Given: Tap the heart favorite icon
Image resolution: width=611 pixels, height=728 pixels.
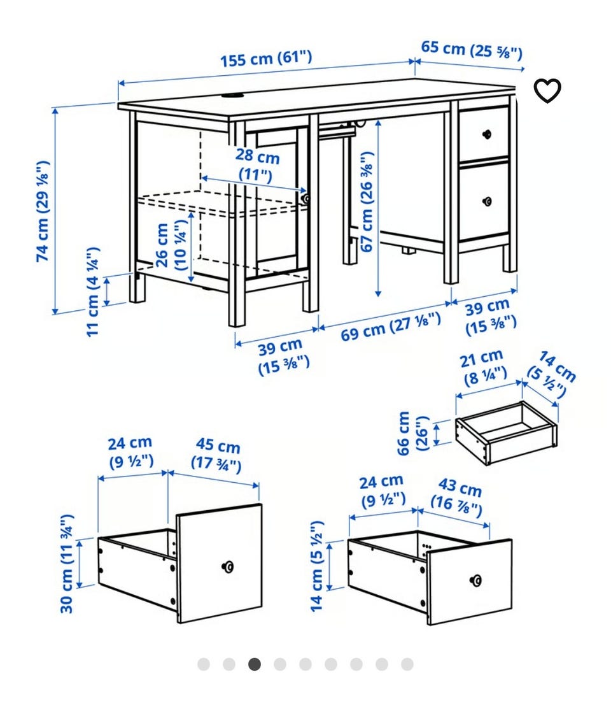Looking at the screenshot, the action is click(x=547, y=90).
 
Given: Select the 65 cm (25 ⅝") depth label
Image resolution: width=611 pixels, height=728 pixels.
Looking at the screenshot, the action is click(x=472, y=50).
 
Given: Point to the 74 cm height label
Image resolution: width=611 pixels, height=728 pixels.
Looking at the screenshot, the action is click(x=43, y=211).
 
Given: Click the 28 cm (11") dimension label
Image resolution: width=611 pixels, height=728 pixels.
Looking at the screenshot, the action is click(x=258, y=165).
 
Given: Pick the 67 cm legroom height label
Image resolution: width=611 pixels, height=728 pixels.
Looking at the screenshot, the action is click(x=367, y=202).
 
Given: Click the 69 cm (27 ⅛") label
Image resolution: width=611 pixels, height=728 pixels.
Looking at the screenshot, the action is click(x=390, y=327).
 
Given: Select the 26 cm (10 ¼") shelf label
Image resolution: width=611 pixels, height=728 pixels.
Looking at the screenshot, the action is click(x=171, y=245).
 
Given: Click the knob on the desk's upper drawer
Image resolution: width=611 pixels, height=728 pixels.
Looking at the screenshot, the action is click(x=487, y=134).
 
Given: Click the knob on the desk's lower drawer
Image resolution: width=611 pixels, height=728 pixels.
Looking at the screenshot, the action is click(x=487, y=201).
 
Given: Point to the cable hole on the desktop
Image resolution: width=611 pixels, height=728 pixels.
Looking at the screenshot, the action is click(x=234, y=96).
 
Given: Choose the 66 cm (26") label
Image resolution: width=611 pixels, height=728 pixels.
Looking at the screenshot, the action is click(x=412, y=432).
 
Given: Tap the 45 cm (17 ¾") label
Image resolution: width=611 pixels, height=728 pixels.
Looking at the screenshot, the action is click(x=217, y=455).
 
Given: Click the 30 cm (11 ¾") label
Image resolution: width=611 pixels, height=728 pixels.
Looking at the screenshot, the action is click(x=67, y=563).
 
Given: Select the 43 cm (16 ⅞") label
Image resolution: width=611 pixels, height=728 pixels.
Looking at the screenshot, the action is click(x=458, y=496).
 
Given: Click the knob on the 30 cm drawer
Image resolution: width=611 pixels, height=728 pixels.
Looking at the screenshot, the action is click(x=227, y=566).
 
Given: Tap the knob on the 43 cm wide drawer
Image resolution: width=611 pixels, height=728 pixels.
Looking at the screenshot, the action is click(x=475, y=580).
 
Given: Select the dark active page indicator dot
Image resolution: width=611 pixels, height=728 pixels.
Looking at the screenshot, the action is click(x=254, y=664).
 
